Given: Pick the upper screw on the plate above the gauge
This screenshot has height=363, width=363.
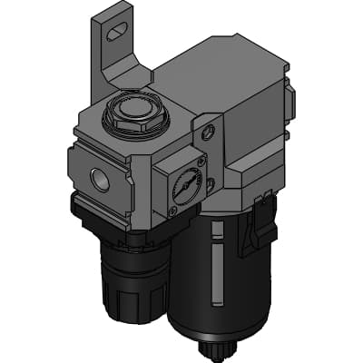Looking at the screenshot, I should pyautogui.click(x=208, y=132).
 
